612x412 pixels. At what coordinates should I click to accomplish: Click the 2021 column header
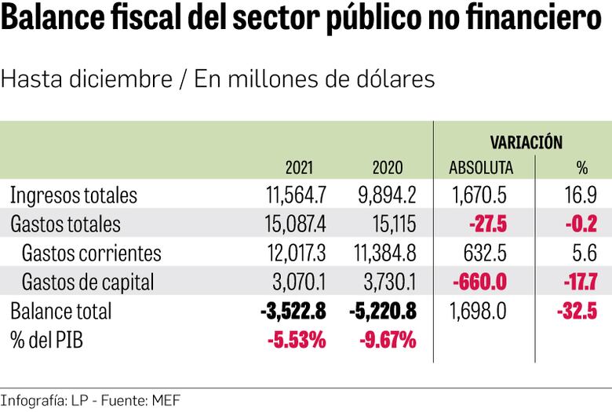coord(299,167)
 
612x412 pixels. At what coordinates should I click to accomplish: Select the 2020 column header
coord(387,167)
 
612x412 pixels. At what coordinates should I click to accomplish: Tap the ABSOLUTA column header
coord(481,167)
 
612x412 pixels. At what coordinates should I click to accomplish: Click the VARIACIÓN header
coord(526,142)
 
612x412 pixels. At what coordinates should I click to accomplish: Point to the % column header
coord(581,167)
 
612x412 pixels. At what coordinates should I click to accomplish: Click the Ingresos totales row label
coord(74,195)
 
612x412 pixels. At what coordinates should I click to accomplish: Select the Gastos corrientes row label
coord(92,253)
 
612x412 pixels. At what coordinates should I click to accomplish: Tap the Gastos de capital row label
coord(88,282)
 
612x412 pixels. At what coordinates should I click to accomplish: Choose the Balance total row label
coord(61,311)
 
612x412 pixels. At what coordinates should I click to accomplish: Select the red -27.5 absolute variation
coord(487,224)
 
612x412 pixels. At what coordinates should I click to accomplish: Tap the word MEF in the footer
coord(166,401)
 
